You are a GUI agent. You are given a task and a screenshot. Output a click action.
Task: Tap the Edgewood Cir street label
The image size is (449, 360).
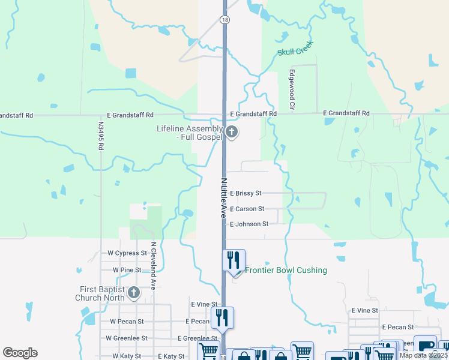292,90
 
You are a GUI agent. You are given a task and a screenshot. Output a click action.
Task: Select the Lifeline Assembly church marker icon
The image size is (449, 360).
232,132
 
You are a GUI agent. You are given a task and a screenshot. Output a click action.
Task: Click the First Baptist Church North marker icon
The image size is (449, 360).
133,293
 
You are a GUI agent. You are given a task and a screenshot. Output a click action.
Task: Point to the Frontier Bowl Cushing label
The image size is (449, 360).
286,271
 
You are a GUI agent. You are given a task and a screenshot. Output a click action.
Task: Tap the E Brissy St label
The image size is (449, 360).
246,193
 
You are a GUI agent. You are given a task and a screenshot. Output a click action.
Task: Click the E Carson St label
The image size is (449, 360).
247,209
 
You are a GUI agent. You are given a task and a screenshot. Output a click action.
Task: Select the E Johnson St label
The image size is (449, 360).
249,224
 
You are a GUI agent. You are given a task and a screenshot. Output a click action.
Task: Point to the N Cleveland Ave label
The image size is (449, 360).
154,266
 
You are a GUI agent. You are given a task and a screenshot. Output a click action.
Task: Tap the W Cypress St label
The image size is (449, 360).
127,253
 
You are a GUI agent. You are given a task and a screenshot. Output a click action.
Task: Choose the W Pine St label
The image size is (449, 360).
124,270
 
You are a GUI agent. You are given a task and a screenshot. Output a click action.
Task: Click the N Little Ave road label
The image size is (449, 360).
224,196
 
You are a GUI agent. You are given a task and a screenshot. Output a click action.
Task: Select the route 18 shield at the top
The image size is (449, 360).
224,20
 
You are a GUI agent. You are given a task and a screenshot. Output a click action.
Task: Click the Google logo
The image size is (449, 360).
20,353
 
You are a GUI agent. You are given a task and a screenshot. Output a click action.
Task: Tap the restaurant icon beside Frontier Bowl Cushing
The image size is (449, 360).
234,260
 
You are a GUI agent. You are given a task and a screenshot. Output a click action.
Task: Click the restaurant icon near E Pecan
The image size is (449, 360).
223,317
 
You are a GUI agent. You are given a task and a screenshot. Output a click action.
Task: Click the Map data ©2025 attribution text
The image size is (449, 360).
423,355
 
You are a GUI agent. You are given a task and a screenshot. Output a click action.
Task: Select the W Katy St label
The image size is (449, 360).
124,356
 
